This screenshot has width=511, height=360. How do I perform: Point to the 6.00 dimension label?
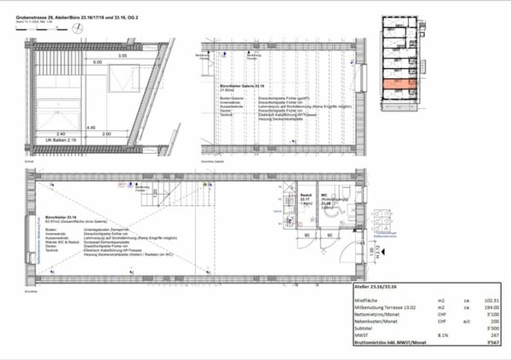(x=97, y=63)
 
